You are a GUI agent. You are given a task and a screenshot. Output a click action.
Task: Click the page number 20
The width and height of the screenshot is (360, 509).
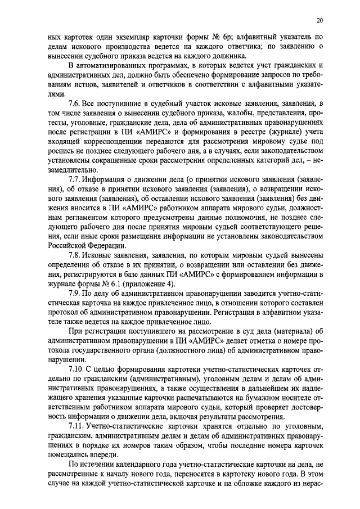(x=319, y=21)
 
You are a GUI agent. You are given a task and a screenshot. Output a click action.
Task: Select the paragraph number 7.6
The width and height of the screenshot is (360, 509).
(x=73, y=105)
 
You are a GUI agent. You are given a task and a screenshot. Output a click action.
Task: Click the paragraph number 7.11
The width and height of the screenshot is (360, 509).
(x=75, y=426)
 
